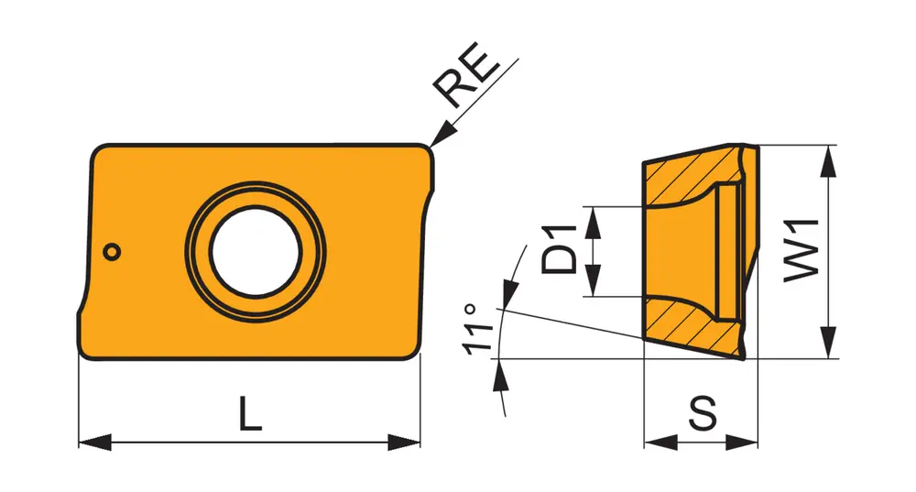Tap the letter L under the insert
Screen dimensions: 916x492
[251, 413]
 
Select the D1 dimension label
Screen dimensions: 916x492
[559, 249]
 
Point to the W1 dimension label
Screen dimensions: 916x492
[801, 251]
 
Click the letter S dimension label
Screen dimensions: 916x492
[703, 413]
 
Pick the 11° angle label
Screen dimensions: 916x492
[478, 328]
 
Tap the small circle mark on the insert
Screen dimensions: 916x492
[112, 252]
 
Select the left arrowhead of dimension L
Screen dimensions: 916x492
[94, 443]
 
